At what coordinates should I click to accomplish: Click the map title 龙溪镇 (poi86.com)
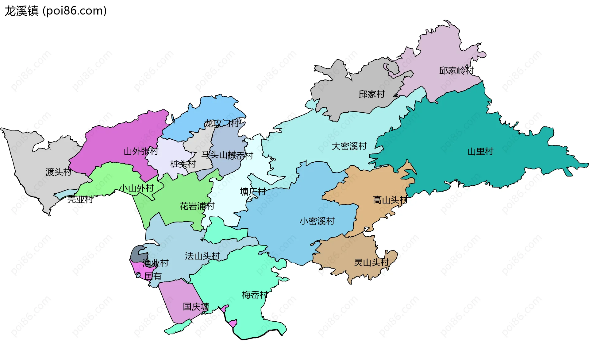(x=56, y=11)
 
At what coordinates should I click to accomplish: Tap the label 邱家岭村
(x=456, y=71)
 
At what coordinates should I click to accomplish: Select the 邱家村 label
(x=371, y=94)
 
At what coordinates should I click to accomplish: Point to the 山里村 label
(x=480, y=151)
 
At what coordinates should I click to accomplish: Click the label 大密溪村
(x=349, y=146)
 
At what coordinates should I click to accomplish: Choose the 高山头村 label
(x=390, y=200)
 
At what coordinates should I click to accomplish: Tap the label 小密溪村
(x=317, y=221)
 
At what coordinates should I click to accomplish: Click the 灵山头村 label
(x=371, y=262)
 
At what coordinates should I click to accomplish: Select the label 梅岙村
(x=255, y=295)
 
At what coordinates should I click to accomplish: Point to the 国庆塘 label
(x=196, y=307)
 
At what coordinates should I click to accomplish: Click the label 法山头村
(x=202, y=256)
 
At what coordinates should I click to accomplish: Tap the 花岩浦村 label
(x=197, y=206)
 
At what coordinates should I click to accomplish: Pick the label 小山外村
(x=137, y=188)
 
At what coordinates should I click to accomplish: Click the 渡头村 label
(x=58, y=172)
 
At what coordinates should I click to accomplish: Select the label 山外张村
(x=141, y=151)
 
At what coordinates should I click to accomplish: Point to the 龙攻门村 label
(x=222, y=123)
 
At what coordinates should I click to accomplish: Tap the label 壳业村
(x=80, y=199)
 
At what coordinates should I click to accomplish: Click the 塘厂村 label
(x=253, y=192)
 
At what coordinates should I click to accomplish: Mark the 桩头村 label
(x=183, y=164)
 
